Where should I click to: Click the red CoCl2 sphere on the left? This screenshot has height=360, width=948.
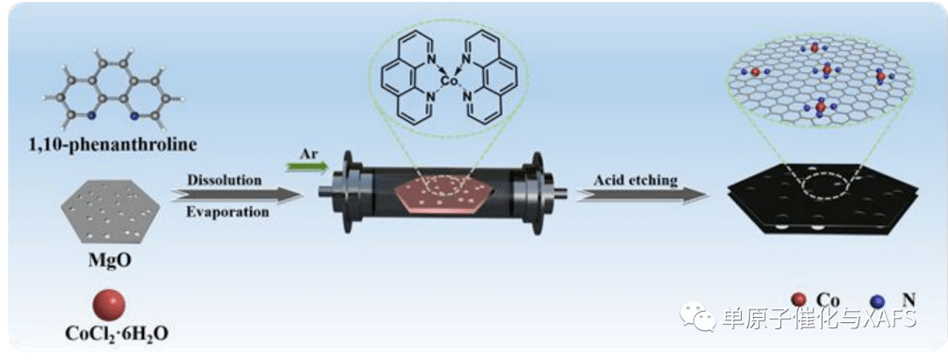[x=109, y=305]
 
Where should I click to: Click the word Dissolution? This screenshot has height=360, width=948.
[x=224, y=179]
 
